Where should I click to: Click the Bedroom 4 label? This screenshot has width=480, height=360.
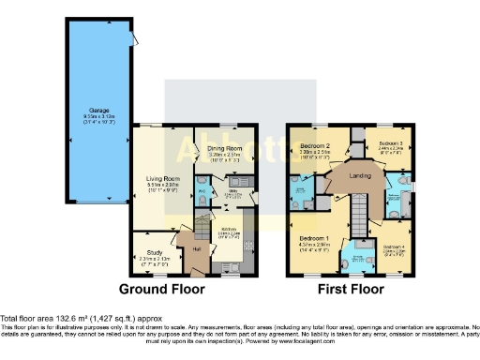click(x=394, y=246)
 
